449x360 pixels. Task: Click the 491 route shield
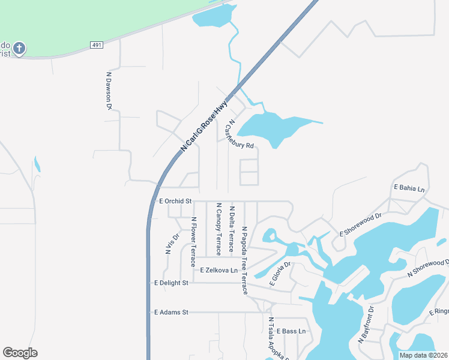(x=97, y=45)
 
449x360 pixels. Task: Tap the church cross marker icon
(x=19, y=48)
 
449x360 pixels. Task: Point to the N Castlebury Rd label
(x=239, y=133)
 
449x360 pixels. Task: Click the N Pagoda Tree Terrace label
(x=245, y=260)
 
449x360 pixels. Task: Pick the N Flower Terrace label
(x=193, y=242)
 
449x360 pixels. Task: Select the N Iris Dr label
(x=172, y=243)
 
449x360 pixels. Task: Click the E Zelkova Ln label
(x=219, y=271)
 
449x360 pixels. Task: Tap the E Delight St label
(x=171, y=283)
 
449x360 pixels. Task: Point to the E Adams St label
(x=171, y=312)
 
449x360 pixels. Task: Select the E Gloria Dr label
(x=280, y=274)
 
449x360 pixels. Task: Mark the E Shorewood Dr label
(x=361, y=224)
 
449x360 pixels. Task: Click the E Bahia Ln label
(x=409, y=188)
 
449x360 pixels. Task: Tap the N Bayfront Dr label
(x=366, y=325)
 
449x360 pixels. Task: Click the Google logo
(x=20, y=353)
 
